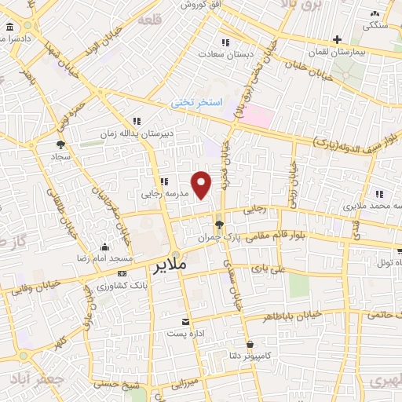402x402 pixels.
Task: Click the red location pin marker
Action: click(x=202, y=185)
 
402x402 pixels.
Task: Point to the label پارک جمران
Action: click(x=217, y=237)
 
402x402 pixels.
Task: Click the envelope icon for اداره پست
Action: click(x=186, y=322)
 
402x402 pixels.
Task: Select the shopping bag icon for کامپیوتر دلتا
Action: click(x=250, y=344)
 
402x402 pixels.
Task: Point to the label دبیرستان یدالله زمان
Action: click(x=137, y=133)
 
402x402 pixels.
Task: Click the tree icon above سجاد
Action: click(x=60, y=144)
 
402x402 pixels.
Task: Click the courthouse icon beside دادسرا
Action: click(x=9, y=27)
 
